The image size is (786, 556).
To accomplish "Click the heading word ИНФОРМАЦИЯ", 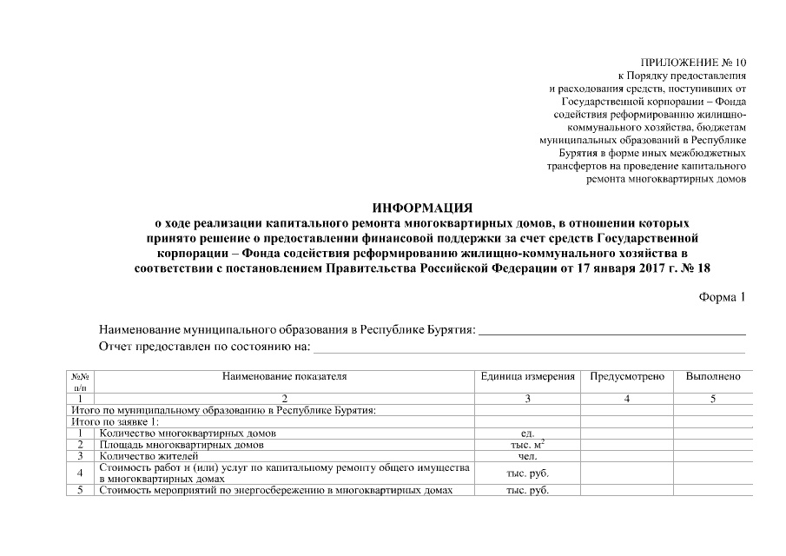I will (422, 208).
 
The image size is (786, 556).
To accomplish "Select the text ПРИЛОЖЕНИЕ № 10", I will (692, 62).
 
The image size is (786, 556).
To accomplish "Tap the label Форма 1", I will (722, 297).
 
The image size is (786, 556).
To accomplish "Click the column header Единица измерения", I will (528, 377).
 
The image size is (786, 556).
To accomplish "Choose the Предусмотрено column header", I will (627, 377).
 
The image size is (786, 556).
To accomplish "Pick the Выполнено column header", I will (713, 377).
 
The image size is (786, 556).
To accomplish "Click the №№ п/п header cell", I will (80, 382).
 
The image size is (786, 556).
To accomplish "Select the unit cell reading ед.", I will (528, 433).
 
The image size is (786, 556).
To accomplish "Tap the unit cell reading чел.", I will (528, 455).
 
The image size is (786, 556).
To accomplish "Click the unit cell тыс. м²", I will (528, 444).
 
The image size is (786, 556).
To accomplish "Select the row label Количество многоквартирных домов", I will (188, 433).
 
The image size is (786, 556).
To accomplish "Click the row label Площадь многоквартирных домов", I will (182, 444).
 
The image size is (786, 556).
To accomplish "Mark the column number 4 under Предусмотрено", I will (627, 398).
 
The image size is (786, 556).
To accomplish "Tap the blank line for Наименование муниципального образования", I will (612, 330).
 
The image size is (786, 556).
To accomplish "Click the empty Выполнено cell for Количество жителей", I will (713, 455).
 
